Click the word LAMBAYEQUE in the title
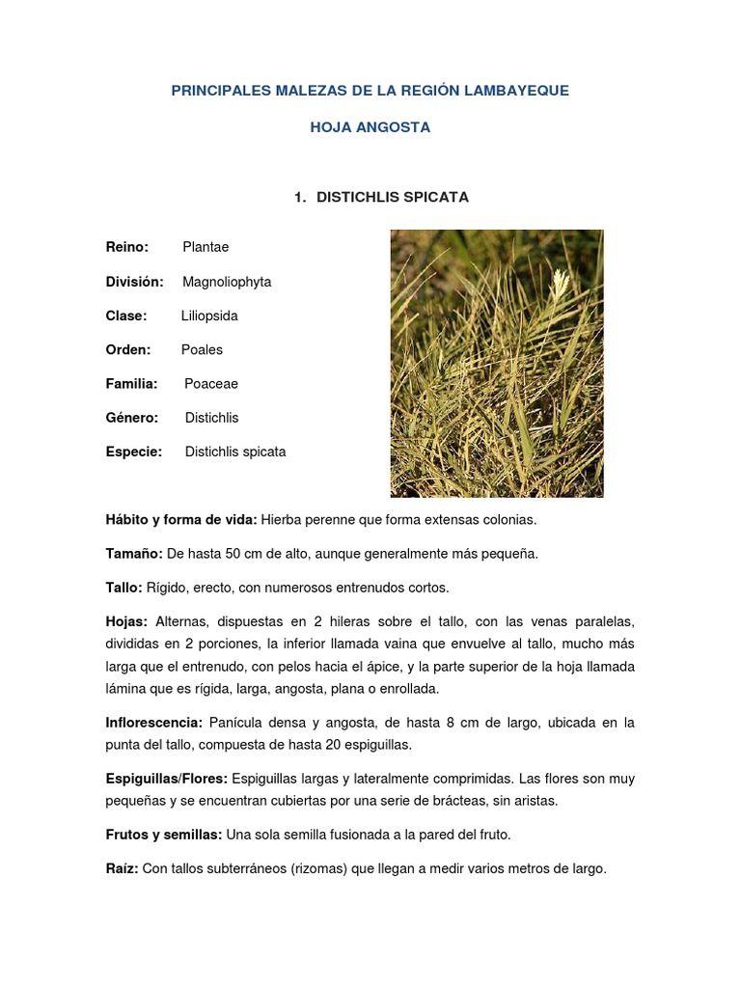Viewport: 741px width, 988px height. click(517, 91)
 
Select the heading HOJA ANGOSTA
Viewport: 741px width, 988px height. click(370, 127)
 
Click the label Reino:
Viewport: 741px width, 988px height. click(127, 248)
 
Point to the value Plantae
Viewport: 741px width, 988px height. click(206, 248)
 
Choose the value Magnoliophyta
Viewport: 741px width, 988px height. click(227, 282)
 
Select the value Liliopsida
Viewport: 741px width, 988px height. click(209, 316)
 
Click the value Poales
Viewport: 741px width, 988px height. click(202, 349)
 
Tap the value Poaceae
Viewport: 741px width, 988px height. click(211, 384)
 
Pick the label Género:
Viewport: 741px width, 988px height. click(132, 418)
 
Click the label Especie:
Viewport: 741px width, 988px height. click(134, 452)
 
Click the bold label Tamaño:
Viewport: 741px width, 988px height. click(134, 554)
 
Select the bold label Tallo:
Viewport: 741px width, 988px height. click(123, 588)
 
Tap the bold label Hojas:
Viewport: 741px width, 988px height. click(126, 621)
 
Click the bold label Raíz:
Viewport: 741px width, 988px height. click(123, 868)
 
